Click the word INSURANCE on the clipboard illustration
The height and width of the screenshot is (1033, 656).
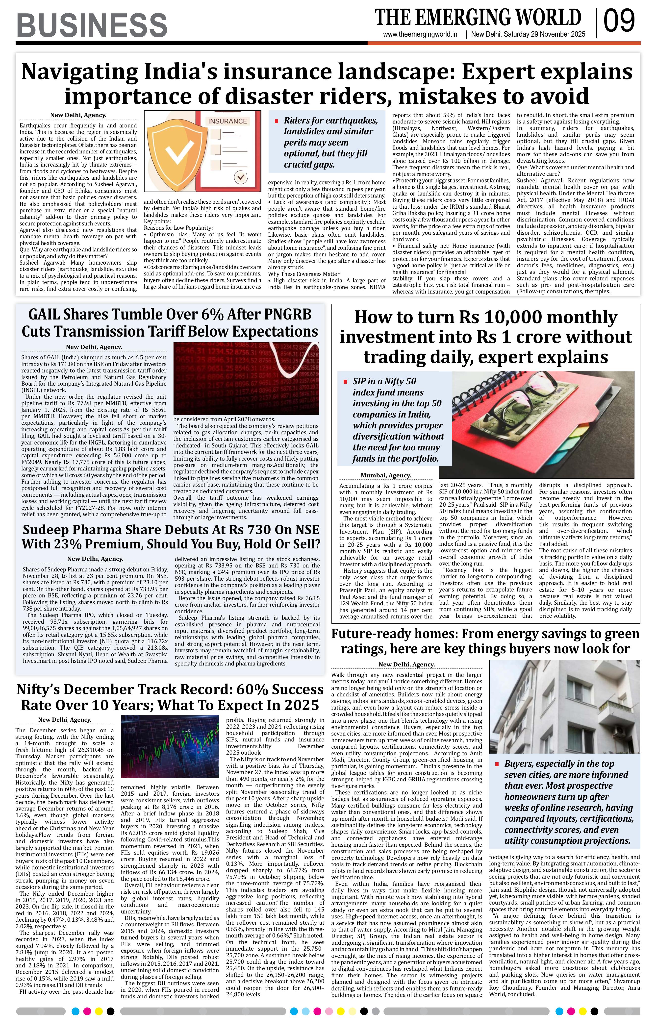(x=227, y=122)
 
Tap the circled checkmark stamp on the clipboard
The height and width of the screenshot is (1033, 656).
(x=241, y=177)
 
